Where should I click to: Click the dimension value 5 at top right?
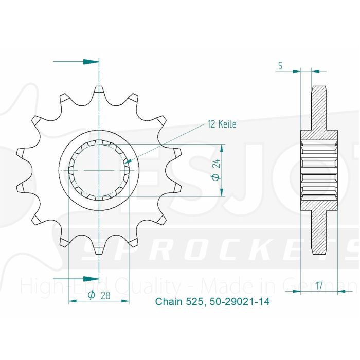(280, 65)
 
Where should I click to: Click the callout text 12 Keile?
(222, 124)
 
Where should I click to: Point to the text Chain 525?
(180, 302)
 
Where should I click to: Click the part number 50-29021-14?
(240, 302)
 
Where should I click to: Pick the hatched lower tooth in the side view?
(320, 231)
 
